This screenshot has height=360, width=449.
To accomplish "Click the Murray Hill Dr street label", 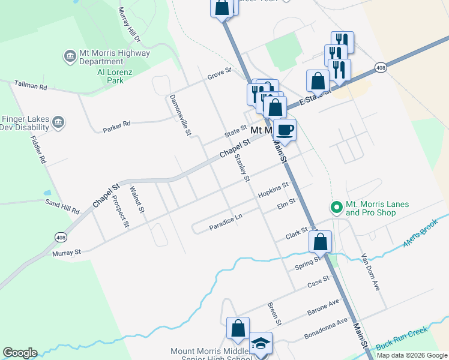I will click(x=128, y=25).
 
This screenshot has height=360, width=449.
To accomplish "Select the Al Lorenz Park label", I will click(x=106, y=75).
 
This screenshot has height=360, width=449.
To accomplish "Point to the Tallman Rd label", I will click(x=30, y=86).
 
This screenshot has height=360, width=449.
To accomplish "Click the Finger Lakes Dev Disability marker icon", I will click(x=58, y=123).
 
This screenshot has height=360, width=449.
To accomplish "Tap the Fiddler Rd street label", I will click(x=38, y=151).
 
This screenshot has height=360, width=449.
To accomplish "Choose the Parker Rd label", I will click(x=116, y=125).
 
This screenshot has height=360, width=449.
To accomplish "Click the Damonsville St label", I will click(x=179, y=114).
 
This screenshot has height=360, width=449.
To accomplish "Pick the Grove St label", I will click(x=219, y=73).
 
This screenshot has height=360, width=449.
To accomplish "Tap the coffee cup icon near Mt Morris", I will click(x=286, y=129).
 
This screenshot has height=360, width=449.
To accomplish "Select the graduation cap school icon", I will click(x=261, y=343).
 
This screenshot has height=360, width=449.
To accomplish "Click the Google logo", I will click(x=20, y=353).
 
